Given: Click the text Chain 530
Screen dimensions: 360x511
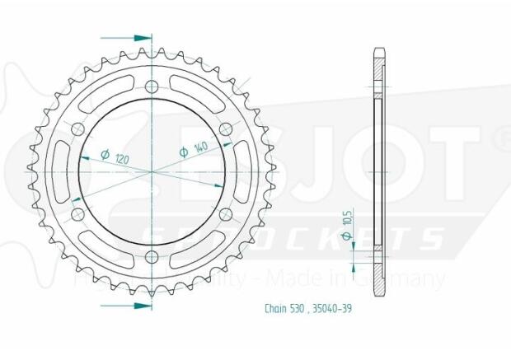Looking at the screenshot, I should point(285,309).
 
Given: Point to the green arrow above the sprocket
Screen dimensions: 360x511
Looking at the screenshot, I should point(141,38).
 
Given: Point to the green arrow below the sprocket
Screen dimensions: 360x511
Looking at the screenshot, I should point(141,305).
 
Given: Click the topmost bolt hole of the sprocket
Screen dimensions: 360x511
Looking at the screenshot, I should point(152,86).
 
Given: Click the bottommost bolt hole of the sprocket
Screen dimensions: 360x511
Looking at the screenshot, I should point(152,258).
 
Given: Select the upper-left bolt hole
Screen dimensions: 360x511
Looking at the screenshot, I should point(78,129).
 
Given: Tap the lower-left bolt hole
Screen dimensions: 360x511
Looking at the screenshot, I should point(78,215).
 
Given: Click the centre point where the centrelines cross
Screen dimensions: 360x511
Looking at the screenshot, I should point(152,171).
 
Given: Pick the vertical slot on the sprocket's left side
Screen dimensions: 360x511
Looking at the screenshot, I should point(59,171).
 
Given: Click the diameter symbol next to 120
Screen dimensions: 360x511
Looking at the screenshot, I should point(105,155).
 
